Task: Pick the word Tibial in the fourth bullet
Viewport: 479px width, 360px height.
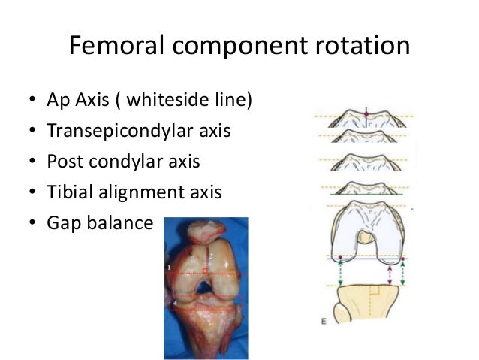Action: (67, 192)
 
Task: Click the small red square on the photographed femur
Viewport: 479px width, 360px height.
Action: (203, 270)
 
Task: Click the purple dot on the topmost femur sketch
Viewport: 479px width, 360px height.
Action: (366, 113)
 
